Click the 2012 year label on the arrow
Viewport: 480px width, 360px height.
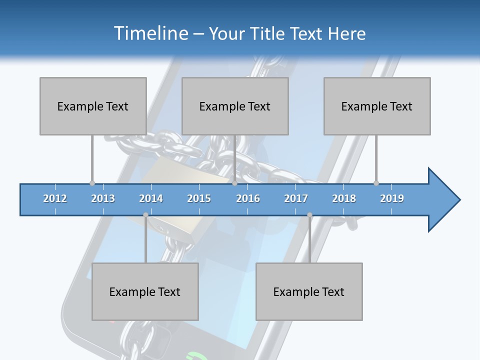[x=55, y=198]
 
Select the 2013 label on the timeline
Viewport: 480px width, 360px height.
[x=103, y=198]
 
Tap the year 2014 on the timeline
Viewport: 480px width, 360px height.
[x=151, y=198]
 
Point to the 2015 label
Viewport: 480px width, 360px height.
[x=199, y=198]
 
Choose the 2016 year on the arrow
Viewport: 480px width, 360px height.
[x=248, y=198]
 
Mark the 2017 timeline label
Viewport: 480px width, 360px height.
[x=296, y=198]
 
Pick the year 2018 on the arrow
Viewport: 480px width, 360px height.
[x=344, y=198]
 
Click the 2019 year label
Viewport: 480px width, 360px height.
[x=392, y=198]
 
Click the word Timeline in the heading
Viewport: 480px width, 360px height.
[x=150, y=33]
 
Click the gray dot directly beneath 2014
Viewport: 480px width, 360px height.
[x=145, y=215]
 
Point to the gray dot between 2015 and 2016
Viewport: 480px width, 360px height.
[x=234, y=183]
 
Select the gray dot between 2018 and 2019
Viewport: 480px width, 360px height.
[x=376, y=183]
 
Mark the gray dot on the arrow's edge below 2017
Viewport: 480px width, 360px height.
[x=309, y=215]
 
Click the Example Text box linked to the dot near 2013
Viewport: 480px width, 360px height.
[x=93, y=106]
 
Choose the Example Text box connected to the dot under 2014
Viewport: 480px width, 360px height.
[x=145, y=291]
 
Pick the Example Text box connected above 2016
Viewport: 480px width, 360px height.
[x=235, y=106]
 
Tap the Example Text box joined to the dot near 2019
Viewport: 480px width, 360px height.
[x=377, y=106]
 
